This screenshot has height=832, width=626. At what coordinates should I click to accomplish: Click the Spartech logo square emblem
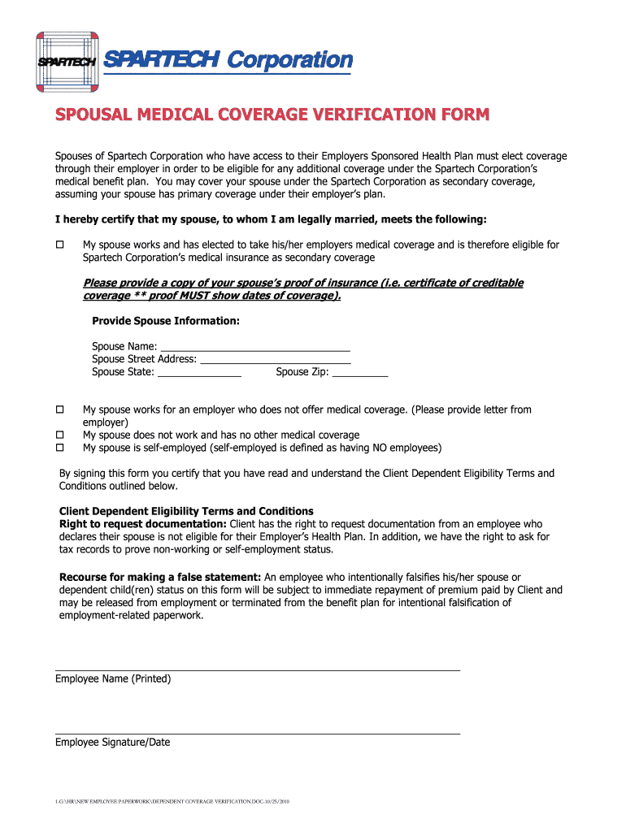(x=67, y=61)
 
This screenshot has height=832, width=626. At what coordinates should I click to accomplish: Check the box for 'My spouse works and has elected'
(x=59, y=245)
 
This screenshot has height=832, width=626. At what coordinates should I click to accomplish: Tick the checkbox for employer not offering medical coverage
(x=59, y=410)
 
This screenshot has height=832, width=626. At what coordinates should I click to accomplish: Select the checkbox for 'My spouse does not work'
(x=59, y=435)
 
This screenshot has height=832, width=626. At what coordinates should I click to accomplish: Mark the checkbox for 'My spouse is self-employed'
(x=59, y=448)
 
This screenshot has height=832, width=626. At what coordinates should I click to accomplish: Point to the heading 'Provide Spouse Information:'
(x=166, y=321)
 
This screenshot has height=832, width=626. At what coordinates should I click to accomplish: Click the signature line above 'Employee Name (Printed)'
(x=257, y=670)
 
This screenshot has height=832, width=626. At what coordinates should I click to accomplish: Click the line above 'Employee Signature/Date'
(x=257, y=734)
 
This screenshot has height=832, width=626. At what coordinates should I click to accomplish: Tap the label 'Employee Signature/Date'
(x=112, y=742)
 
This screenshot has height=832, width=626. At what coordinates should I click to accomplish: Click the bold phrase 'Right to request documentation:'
(x=143, y=524)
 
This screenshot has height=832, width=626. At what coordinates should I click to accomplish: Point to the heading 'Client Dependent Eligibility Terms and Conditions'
(x=186, y=511)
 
